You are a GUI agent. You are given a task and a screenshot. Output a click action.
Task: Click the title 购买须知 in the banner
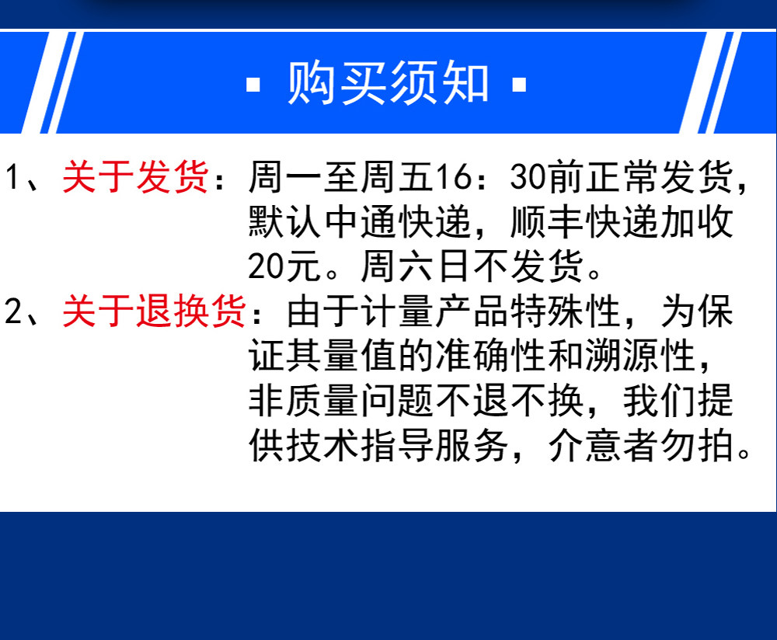point(388,83)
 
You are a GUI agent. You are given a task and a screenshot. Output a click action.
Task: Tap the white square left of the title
point(253,85)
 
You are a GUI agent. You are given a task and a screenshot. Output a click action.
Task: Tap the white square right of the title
point(519,85)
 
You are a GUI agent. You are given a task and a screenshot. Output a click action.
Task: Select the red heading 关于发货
point(135,177)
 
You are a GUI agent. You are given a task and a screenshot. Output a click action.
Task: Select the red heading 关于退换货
point(154,311)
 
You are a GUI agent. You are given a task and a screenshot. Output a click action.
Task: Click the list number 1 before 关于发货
point(13,177)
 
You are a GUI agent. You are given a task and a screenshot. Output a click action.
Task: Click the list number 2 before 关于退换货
point(13,311)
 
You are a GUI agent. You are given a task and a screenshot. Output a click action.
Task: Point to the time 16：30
point(472,177)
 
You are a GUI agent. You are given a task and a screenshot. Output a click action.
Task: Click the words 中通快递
point(397,222)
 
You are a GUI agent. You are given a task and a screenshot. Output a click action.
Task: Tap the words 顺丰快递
point(585,222)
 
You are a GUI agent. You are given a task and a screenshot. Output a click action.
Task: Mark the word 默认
point(285,222)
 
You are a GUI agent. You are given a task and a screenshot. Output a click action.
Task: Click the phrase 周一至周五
point(341,177)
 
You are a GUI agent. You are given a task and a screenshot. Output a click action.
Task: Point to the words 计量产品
point(435,311)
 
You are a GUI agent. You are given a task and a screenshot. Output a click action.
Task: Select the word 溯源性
point(640,356)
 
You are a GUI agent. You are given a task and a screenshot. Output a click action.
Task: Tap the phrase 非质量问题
point(341,400)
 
